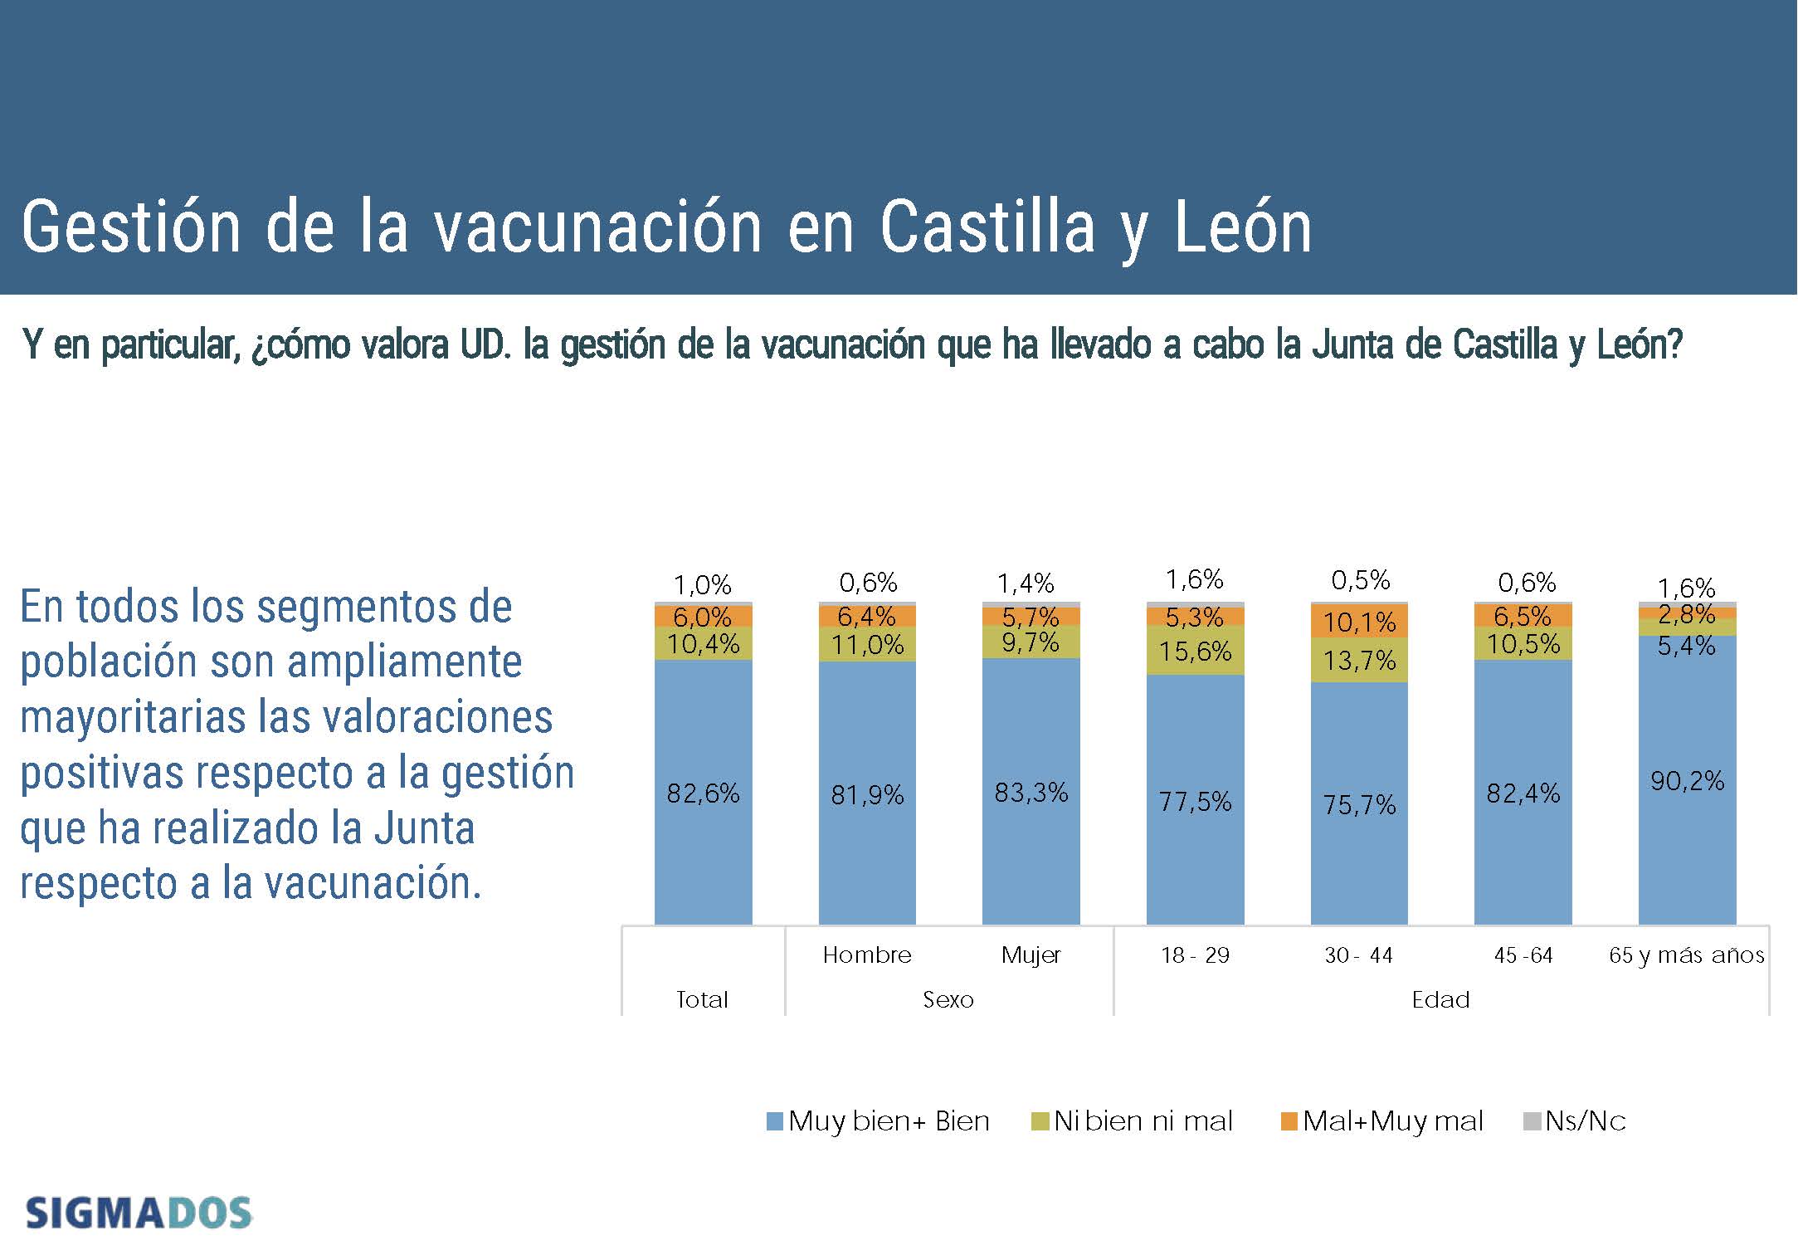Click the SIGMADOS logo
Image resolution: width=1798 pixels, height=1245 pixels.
[139, 1213]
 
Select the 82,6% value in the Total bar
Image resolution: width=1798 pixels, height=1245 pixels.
[703, 793]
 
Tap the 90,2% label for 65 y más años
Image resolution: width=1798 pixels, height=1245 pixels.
[1687, 781]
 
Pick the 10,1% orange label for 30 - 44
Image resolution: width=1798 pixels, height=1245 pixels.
[1359, 622]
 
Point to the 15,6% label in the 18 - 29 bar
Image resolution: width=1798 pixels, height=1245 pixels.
[1195, 652]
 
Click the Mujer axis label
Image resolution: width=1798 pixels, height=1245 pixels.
[1031, 955]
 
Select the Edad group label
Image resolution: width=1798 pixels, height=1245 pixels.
[1440, 999]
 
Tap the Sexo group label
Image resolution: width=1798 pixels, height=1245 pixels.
[948, 999]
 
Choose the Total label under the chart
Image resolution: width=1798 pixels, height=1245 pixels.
[702, 999]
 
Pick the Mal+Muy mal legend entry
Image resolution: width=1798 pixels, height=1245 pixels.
[1382, 1121]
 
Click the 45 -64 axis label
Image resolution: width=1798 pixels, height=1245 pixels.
[1523, 955]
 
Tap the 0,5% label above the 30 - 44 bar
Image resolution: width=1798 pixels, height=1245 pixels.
[1360, 580]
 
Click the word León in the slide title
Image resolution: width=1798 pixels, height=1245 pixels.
[1243, 228]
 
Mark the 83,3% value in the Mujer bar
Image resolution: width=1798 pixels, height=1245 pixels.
[1031, 793]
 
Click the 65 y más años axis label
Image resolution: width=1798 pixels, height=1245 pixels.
[1686, 955]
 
